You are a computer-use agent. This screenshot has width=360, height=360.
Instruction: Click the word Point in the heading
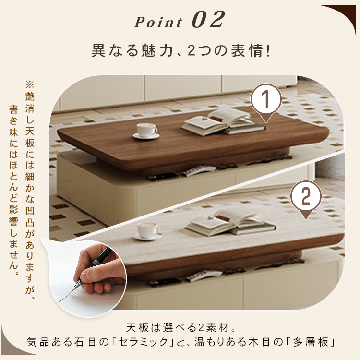pyautogui.click(x=158, y=22)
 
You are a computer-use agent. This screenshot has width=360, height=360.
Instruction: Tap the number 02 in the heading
pyautogui.click(x=208, y=20)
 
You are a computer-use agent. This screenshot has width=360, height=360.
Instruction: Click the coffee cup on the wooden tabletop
pyautogui.click(x=146, y=131)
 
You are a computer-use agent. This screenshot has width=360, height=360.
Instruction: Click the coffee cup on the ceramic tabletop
pyautogui.click(x=148, y=231)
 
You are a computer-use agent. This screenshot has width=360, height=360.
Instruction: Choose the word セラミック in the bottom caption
pyautogui.click(x=144, y=342)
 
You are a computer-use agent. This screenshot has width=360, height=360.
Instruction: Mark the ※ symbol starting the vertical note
pyautogui.click(x=30, y=84)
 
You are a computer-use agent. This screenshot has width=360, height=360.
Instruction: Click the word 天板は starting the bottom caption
pyautogui.click(x=143, y=327)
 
